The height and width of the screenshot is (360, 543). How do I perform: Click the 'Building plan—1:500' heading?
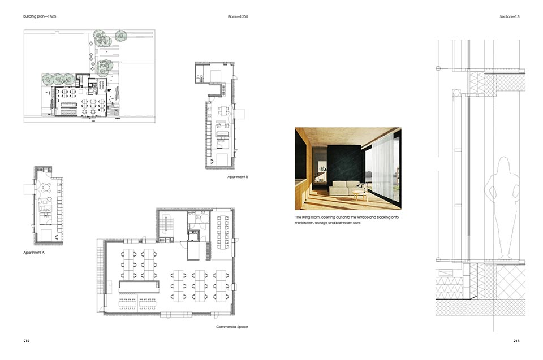[40, 16]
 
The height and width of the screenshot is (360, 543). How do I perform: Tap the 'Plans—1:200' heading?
[238, 16]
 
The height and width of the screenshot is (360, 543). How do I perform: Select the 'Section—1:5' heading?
[510, 16]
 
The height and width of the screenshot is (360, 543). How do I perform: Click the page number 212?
[27, 341]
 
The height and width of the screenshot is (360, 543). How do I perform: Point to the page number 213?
[516, 341]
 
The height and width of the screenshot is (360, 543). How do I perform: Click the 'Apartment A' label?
[34, 253]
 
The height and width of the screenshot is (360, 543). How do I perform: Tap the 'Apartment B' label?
[238, 177]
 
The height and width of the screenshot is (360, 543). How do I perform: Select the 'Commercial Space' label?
[232, 327]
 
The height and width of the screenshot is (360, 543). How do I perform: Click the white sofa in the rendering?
[345, 188]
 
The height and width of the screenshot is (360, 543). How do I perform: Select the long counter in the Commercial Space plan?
[139, 287]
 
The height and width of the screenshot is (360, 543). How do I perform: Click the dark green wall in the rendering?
[344, 163]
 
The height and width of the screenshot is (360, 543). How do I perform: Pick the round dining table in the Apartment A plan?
[46, 188]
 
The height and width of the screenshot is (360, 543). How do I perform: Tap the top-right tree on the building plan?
[121, 36]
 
